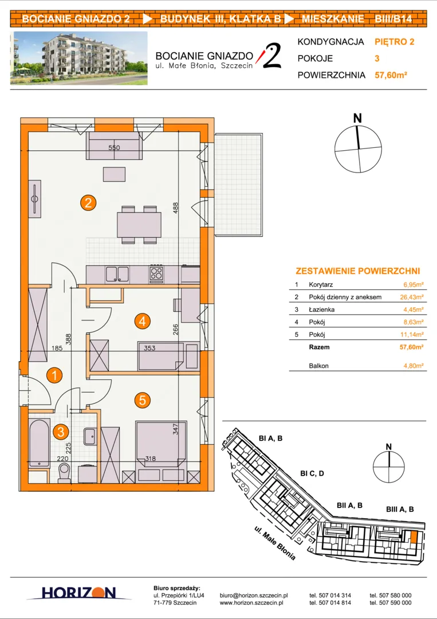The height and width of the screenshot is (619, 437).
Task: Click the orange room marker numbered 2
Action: pos(88,203)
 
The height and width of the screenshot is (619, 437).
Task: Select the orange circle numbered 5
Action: pos(143,400)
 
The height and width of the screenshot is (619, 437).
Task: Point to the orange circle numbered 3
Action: pos(60,432)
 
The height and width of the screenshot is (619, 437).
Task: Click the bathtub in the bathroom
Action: pos(40,443)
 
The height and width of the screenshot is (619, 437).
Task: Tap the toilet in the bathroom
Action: pos(64,473)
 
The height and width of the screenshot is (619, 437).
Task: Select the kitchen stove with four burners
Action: pos(156,273)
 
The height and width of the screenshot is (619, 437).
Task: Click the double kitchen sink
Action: pos(117,274)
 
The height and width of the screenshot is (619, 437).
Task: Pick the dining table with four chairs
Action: pos(139,225)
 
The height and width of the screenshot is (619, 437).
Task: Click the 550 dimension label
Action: pos(114,148)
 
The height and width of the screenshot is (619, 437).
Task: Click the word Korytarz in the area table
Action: pos(321,284)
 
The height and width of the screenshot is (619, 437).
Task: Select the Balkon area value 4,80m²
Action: pos(413,366)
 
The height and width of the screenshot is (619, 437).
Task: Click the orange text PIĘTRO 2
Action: pos(395,42)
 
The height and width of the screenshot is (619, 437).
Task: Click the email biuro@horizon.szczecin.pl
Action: pos(254,596)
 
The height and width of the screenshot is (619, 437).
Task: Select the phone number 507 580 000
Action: pos(391,596)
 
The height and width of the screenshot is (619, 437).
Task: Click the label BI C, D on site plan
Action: pos(312,473)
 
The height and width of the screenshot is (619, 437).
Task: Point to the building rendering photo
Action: pos(79,58)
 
